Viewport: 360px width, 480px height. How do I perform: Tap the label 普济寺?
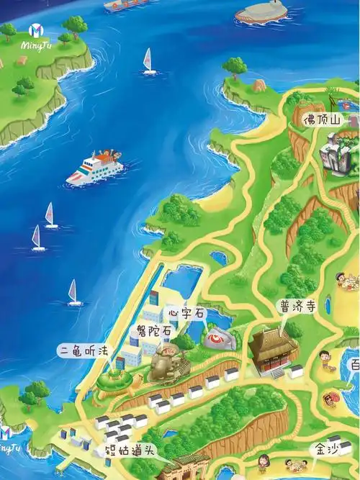(x=297, y=306)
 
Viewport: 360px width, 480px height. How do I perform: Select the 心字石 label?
(x=186, y=314)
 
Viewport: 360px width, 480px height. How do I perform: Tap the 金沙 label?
(x=324, y=448)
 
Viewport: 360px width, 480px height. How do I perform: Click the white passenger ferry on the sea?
(x=94, y=168)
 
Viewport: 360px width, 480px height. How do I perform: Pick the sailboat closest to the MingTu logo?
(x=149, y=61)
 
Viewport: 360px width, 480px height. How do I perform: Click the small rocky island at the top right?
(x=261, y=10)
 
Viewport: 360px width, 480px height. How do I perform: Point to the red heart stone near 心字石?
(x=217, y=338)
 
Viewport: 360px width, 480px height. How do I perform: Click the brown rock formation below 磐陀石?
(x=166, y=363)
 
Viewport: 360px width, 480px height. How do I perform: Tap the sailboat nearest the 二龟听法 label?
(x=74, y=293)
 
